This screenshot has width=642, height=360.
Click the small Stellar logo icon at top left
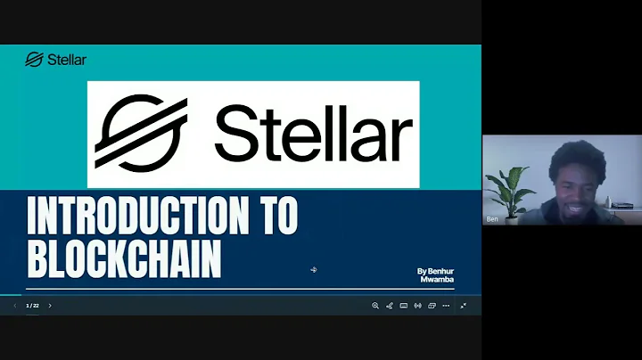[x=34, y=60]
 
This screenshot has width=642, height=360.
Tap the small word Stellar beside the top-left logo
[x=68, y=60]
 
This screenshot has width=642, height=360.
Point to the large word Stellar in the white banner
[x=312, y=135]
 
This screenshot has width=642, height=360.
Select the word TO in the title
[x=273, y=216]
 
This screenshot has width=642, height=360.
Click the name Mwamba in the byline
[x=438, y=279]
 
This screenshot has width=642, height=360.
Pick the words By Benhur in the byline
[x=436, y=271]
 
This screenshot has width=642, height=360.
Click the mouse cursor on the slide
[x=314, y=269]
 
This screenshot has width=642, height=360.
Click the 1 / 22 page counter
[x=32, y=306]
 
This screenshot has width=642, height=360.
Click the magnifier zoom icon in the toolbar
[x=375, y=306]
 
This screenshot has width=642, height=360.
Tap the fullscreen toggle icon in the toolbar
[x=463, y=306]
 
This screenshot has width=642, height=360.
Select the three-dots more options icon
[x=447, y=306]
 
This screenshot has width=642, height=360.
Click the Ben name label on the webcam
[x=492, y=218]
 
